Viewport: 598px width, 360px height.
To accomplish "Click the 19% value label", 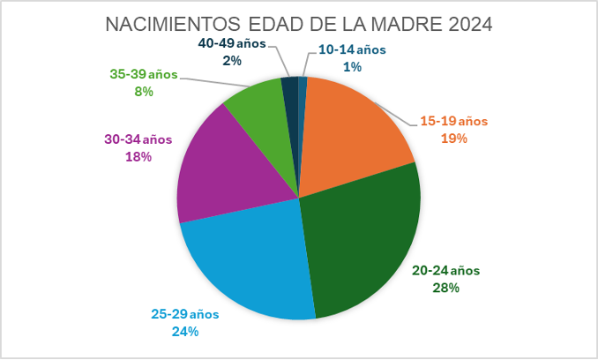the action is tap(454, 138).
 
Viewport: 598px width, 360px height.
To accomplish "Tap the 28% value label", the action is tap(445, 288).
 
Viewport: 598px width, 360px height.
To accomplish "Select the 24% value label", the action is tap(185, 332).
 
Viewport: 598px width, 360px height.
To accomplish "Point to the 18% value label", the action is tap(138, 157).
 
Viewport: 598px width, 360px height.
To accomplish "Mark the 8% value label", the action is tap(144, 92).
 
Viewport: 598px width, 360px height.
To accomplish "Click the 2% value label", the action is tap(232, 61).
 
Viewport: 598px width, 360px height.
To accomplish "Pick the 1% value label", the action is tap(352, 67).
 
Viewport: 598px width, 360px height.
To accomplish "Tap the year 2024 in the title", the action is tap(470, 25).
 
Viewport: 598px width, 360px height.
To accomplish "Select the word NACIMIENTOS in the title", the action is tap(173, 25).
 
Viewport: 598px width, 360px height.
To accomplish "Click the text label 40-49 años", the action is tap(232, 43).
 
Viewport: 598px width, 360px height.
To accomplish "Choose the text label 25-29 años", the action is tap(185, 314).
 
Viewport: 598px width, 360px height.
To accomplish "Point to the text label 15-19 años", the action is tap(454, 121).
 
